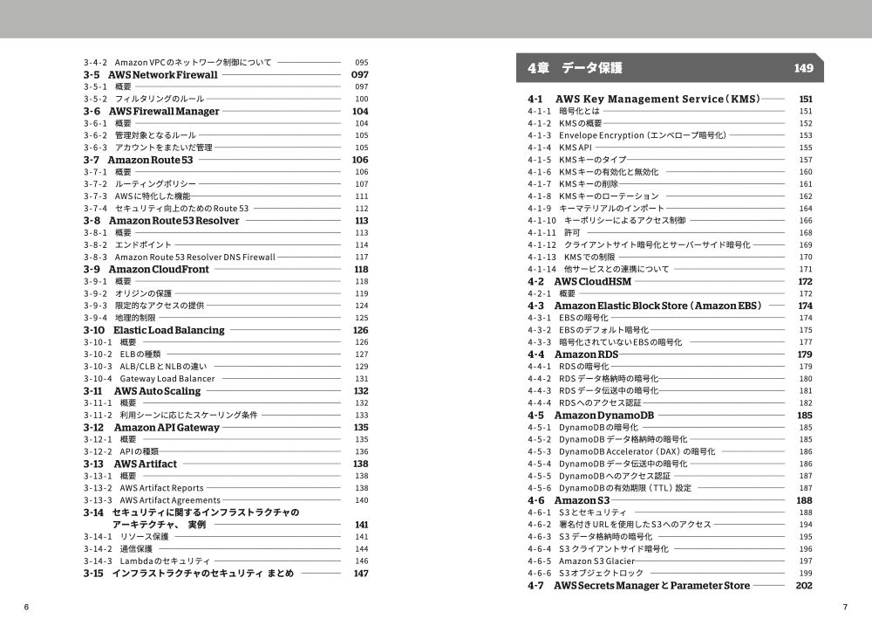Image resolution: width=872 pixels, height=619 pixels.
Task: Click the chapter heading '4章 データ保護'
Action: tap(575, 68)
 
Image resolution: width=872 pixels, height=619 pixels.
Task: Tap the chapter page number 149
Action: tap(803, 68)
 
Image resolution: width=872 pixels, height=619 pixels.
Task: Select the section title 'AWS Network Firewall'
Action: tap(163, 75)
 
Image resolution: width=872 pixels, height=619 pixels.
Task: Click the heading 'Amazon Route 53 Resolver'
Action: tap(174, 221)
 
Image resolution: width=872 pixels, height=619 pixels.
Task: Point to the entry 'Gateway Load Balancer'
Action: tap(167, 379)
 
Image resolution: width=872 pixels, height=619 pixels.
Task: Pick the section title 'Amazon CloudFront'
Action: tap(159, 270)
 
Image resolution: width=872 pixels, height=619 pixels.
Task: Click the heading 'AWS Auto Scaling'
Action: tap(157, 391)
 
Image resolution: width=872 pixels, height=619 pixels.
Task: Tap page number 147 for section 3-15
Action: tap(360, 574)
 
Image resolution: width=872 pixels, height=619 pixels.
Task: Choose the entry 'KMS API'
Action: tap(576, 148)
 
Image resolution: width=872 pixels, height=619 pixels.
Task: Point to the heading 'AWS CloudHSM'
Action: tap(593, 282)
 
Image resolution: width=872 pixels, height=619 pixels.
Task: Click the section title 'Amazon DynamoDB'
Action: tap(603, 416)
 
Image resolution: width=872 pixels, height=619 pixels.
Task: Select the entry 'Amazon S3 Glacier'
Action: tap(596, 561)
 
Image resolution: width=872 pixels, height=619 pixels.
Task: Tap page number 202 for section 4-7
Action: tap(804, 586)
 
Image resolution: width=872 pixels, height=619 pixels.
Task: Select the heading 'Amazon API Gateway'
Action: tap(167, 428)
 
